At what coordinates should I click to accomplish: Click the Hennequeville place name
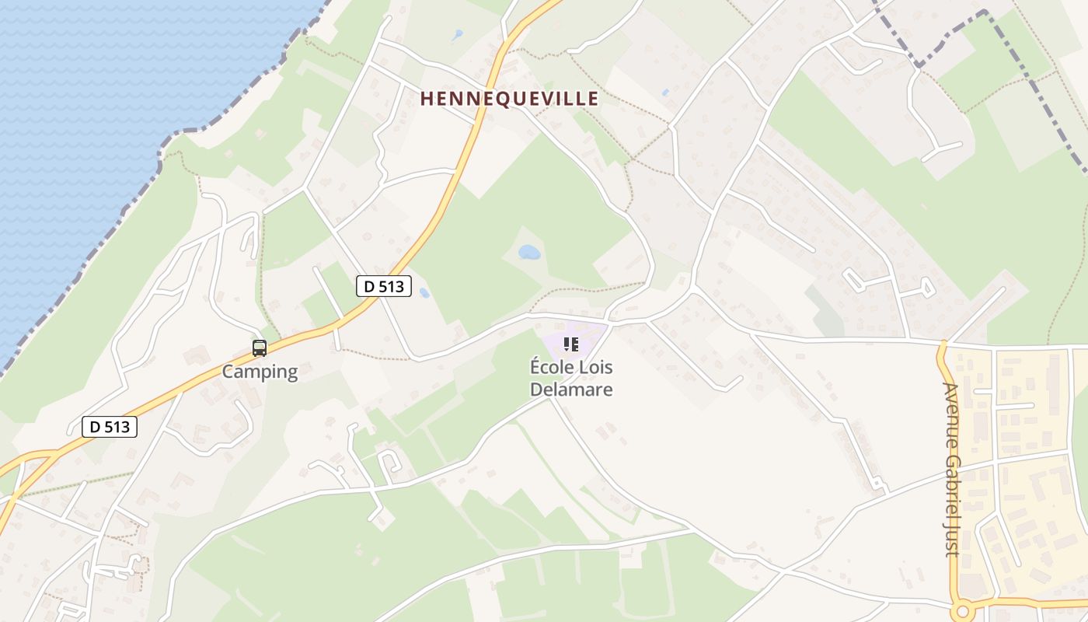click(x=510, y=99)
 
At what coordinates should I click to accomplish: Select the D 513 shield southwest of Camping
click(x=110, y=426)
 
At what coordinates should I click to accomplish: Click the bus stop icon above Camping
click(x=260, y=348)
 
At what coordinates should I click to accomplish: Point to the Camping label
click(x=260, y=372)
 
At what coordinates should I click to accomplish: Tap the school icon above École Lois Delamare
click(x=571, y=344)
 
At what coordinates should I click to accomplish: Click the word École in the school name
click(x=551, y=366)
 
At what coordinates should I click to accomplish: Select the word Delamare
click(x=571, y=390)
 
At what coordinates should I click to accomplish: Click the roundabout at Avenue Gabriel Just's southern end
click(x=964, y=611)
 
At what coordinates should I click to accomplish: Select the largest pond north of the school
click(x=529, y=252)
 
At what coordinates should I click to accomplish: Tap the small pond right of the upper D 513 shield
click(x=424, y=293)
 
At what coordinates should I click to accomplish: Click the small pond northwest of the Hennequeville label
click(x=458, y=35)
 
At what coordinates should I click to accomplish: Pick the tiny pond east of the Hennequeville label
click(x=665, y=93)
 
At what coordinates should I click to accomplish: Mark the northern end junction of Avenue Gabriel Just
click(x=943, y=342)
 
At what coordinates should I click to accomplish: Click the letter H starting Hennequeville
click(x=427, y=99)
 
